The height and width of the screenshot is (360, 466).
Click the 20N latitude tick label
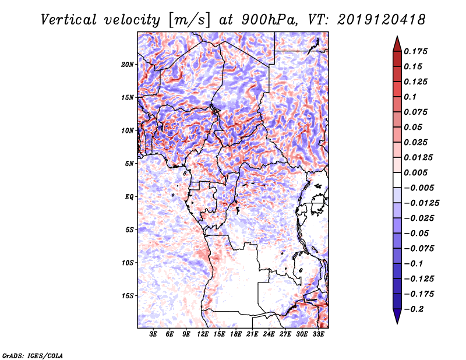click(x=128, y=64)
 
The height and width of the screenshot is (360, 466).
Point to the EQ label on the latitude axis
click(x=129, y=197)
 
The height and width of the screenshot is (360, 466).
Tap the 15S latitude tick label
click(x=128, y=296)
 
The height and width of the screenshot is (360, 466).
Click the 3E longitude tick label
click(x=154, y=334)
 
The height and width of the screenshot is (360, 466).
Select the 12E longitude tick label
click(x=203, y=334)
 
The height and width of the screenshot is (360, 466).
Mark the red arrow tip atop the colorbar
click(x=397, y=40)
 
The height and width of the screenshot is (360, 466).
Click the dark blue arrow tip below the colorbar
click(x=397, y=320)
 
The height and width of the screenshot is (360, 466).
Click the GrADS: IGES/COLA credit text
click(x=32, y=355)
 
